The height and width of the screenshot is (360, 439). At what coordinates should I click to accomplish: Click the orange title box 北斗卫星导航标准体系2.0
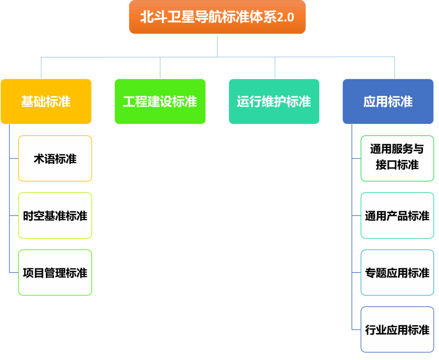[217, 17]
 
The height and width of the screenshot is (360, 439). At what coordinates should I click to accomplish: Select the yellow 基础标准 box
[46, 101]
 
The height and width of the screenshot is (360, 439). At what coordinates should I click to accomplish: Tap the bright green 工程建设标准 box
[160, 101]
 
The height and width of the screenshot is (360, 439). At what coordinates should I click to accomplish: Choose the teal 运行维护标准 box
[274, 101]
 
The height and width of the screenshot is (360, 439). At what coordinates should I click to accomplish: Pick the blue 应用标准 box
[388, 101]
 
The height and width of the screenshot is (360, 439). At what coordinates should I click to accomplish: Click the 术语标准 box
[55, 158]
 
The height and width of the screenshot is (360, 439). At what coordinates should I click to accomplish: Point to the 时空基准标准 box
[55, 216]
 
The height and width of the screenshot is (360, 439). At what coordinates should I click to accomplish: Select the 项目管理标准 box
[55, 273]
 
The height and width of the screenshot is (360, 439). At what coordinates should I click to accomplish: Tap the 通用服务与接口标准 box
[397, 158]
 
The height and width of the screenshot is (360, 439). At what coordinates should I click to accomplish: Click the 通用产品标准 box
[397, 216]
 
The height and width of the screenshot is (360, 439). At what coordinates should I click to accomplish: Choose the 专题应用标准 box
[397, 273]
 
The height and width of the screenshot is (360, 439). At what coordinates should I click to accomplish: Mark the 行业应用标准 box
[397, 330]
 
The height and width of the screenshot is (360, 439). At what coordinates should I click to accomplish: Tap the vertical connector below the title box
[217, 45]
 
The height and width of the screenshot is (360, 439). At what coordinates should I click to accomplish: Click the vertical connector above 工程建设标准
[160, 67]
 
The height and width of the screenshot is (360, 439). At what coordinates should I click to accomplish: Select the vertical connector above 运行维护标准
[275, 67]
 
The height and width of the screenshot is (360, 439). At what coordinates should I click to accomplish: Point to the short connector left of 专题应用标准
[356, 272]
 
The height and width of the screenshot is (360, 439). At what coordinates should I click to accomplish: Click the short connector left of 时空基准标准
[14, 215]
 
